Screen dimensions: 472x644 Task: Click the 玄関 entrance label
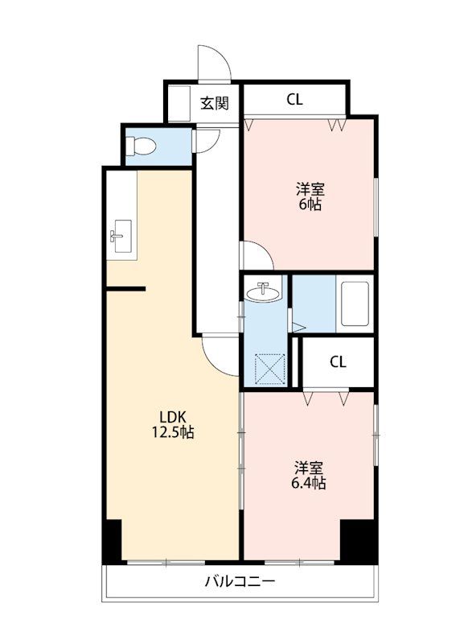click(x=214, y=103)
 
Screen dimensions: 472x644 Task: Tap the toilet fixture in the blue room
click(x=140, y=146)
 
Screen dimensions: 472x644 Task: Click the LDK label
click(x=173, y=417)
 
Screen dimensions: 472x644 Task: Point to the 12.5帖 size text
click(x=173, y=432)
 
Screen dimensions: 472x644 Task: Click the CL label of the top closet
click(x=294, y=99)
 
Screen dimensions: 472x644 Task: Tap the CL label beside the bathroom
click(x=338, y=361)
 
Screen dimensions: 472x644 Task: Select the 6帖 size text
click(x=310, y=204)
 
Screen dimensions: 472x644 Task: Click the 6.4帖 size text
click(x=309, y=483)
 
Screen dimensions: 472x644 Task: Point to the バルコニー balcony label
click(x=240, y=581)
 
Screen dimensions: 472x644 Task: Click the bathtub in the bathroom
click(x=355, y=303)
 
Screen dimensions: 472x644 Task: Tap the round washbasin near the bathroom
click(x=264, y=292)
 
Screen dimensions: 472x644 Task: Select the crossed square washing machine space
click(x=270, y=369)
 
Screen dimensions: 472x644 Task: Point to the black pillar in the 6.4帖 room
click(x=359, y=541)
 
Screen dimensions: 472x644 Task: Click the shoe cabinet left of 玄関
click(x=179, y=103)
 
